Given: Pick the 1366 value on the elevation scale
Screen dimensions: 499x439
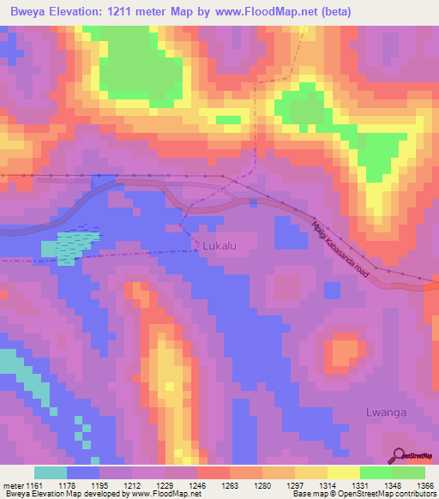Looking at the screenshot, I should [x=413, y=484].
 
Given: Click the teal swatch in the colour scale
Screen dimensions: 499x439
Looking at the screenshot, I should [x=51, y=472].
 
